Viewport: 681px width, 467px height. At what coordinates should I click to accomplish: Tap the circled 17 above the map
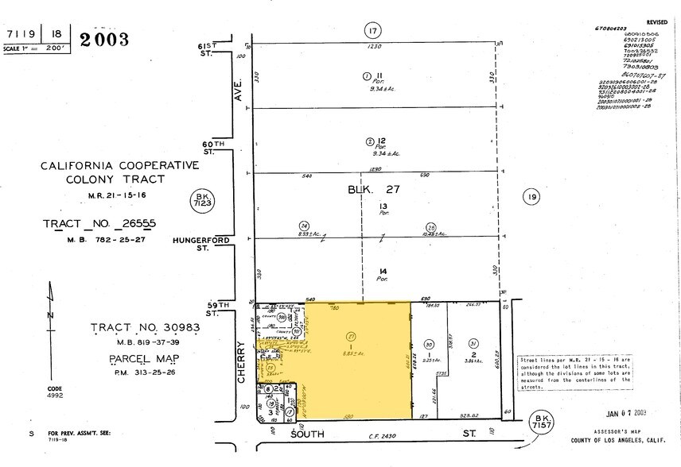373,31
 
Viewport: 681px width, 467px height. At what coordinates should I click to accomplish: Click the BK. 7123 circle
200,202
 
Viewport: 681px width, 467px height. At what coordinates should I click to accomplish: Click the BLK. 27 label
372,190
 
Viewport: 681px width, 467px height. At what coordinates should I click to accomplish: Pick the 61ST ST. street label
208,52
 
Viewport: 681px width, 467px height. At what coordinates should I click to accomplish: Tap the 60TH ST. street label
208,147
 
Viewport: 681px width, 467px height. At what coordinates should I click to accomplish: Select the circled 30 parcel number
428,344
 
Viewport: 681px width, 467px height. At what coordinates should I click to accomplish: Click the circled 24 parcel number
303,226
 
